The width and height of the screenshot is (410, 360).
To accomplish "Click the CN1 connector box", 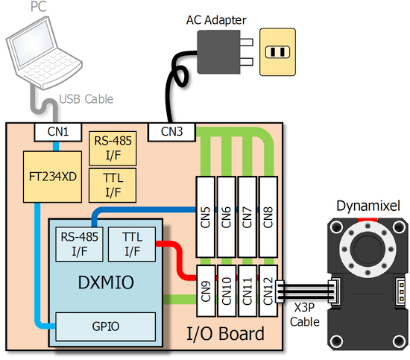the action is click(58, 132).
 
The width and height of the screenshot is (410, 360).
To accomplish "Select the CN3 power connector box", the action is click(171, 132).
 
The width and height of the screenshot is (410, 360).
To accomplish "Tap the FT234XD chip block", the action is click(52, 177).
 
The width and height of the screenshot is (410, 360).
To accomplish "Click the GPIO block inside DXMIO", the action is click(106, 326).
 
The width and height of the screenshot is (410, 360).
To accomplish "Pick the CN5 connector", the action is click(206, 217).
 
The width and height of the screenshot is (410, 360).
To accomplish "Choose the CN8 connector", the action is click(268, 217).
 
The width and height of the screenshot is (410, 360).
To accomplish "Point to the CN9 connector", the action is click(206, 291).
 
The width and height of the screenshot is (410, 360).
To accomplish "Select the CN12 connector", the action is click(268, 291).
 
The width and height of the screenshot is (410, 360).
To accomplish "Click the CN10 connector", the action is click(227, 291).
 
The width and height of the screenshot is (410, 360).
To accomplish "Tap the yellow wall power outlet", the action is click(278, 52).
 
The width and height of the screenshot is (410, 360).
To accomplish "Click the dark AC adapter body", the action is click(218, 52).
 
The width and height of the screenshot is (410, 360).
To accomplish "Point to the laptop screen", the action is click(32, 48).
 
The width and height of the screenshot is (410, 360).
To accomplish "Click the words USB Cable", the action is click(86, 99).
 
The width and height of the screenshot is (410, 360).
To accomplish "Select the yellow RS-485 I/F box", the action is click(113, 148).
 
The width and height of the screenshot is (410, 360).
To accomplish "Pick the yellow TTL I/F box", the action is click(113, 186).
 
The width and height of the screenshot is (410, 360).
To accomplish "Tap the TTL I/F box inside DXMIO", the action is click(132, 244).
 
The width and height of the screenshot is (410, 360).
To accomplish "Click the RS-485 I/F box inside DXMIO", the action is click(79, 244).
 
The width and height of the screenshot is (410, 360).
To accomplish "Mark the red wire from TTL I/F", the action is click(179, 259).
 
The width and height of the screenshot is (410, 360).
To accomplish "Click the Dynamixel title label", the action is click(368, 206).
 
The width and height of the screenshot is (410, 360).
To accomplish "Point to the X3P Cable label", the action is click(305, 315).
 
